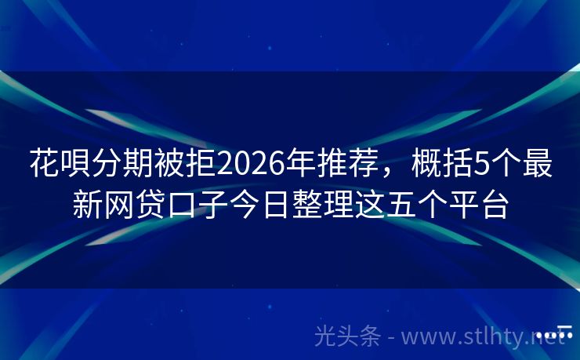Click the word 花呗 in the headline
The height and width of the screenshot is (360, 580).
click(60, 163)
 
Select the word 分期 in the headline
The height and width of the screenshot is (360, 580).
click(122, 163)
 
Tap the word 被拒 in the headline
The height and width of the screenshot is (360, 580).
click(184, 163)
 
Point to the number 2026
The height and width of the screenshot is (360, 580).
click(251, 164)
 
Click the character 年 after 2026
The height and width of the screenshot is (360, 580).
click(301, 163)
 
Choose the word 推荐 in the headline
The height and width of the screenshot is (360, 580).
click(347, 163)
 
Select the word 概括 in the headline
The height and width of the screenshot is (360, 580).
click(441, 163)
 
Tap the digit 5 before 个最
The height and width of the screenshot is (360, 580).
click(481, 164)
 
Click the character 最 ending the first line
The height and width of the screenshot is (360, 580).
click(537, 163)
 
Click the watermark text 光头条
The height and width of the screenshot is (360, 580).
click(347, 336)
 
